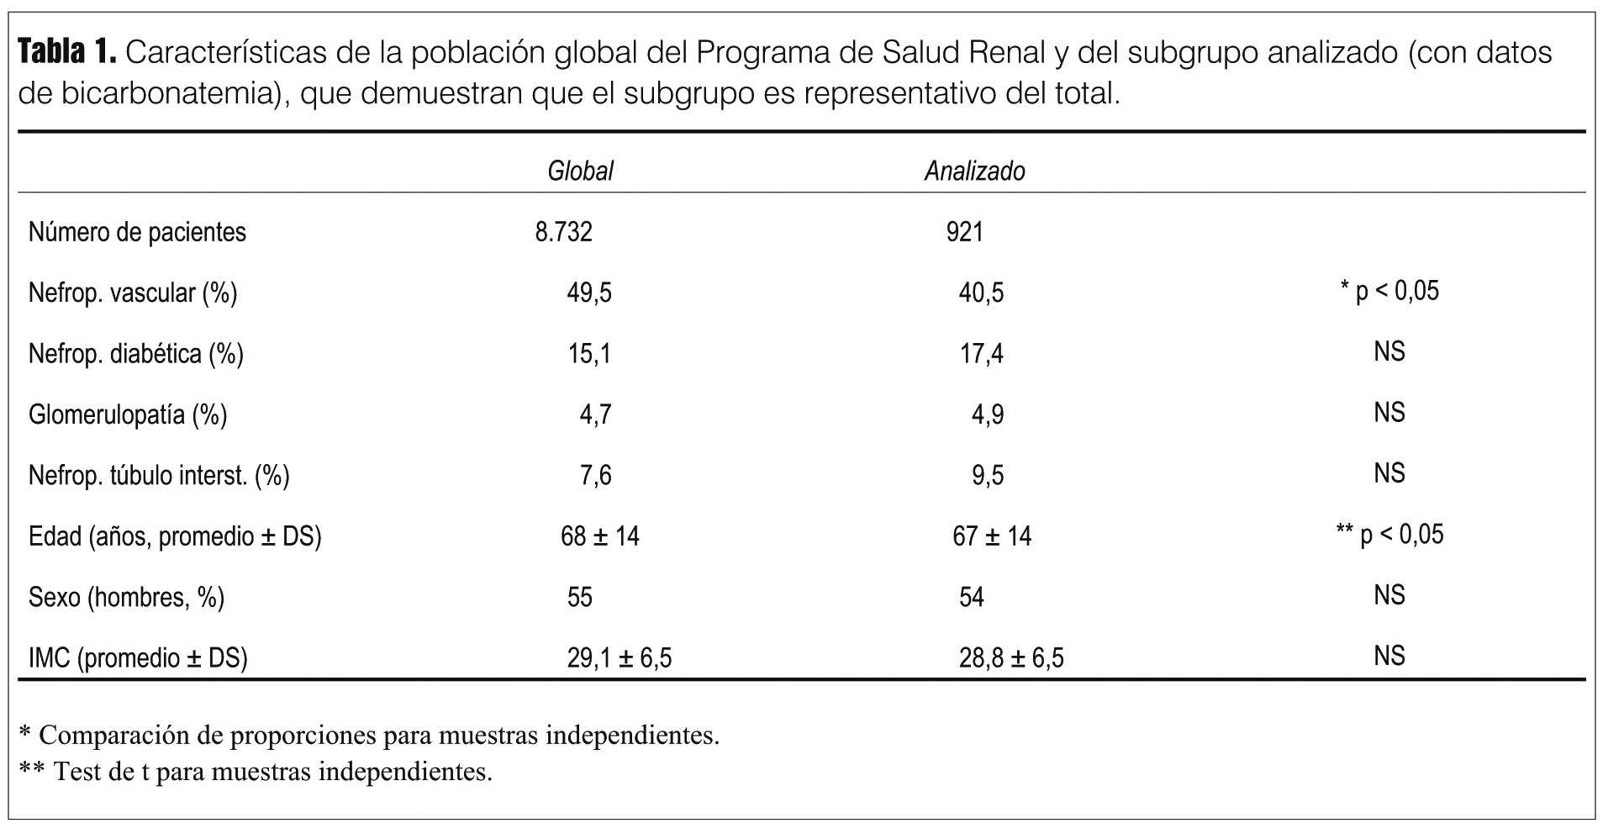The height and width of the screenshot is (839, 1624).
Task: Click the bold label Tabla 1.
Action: [x=66, y=53]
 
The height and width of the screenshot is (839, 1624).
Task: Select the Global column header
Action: [x=580, y=171]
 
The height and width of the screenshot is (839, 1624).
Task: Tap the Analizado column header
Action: [x=974, y=171]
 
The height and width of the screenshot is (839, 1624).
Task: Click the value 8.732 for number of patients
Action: [x=563, y=232]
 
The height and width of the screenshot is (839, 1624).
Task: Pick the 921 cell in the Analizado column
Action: [x=964, y=232]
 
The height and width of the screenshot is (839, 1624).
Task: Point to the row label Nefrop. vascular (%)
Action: [x=133, y=293]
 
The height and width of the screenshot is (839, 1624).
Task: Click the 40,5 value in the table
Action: [x=981, y=293]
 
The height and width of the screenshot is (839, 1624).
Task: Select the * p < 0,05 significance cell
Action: [x=1389, y=291]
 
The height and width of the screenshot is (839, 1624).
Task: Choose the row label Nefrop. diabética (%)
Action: [x=136, y=353]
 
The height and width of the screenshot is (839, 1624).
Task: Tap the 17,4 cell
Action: [x=982, y=353]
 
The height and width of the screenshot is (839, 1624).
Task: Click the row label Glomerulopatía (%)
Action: [x=128, y=414]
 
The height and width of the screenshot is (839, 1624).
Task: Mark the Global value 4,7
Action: [x=595, y=414]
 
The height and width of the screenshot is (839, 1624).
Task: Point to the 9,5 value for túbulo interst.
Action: [x=988, y=476]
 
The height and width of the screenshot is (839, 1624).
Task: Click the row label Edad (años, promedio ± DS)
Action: [x=175, y=536]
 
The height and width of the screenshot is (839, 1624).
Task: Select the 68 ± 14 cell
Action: [x=599, y=536]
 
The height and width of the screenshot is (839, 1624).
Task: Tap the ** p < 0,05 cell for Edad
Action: [x=1389, y=534]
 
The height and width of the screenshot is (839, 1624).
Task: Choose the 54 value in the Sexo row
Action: [x=972, y=597]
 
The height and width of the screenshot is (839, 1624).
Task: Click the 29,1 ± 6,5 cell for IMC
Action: [x=619, y=657]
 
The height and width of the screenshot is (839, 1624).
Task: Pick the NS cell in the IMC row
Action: [x=1389, y=656]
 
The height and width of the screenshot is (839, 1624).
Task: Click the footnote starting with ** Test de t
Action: [x=256, y=772]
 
